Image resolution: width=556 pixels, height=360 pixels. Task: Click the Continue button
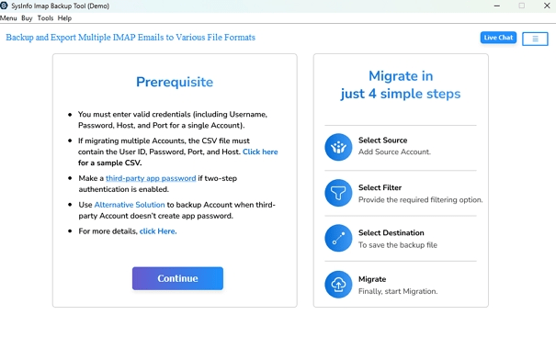[177, 278]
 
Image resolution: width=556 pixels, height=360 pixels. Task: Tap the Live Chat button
[498, 38]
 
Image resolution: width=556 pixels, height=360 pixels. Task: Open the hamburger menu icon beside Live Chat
[535, 39]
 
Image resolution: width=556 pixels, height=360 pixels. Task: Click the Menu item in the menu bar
[8, 18]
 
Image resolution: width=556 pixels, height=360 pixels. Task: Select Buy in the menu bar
[27, 18]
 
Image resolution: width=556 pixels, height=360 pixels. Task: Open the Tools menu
[45, 18]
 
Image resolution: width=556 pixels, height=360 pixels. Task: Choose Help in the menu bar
[64, 18]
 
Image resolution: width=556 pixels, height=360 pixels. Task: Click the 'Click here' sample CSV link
[260, 152]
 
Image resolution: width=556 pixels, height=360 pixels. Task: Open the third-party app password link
[151, 178]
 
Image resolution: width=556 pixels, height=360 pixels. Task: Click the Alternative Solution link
[130, 205]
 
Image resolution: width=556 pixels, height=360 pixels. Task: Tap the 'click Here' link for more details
[158, 231]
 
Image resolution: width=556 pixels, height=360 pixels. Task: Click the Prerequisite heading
[175, 82]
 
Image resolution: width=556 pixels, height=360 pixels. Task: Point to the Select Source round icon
[338, 147]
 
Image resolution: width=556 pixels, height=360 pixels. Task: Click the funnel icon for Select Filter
[338, 193]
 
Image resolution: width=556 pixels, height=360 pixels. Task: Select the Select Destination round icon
[338, 239]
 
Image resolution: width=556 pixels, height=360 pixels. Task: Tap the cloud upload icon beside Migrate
[338, 285]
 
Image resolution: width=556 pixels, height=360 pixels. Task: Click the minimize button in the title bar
[497, 6]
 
